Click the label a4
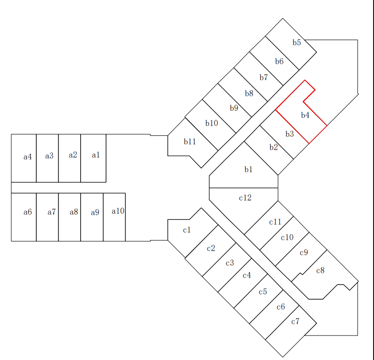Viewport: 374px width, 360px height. point(28,157)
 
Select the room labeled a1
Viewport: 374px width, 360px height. point(93,158)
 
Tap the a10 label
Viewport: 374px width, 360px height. point(118,211)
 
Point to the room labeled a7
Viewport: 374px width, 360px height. point(47,217)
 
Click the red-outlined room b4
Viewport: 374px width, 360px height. point(301,112)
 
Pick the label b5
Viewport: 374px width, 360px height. point(297,42)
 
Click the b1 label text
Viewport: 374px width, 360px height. point(248,169)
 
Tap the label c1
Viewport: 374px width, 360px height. point(187,230)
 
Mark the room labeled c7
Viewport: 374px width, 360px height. point(291,331)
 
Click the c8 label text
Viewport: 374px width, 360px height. point(320,270)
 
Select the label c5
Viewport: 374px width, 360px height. point(263,292)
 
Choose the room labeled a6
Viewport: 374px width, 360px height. point(24,217)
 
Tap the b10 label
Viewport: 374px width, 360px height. point(212,123)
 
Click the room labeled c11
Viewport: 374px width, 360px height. point(269,226)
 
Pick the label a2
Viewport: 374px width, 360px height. point(73,155)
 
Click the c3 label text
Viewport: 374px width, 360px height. point(230,263)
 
